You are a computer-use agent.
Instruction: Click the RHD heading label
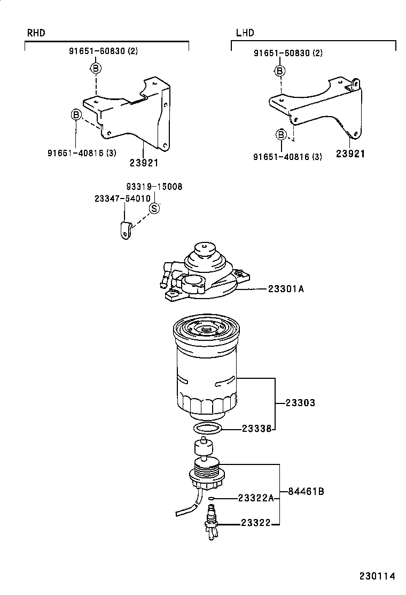(x=36, y=33)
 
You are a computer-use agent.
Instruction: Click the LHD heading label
(x=245, y=33)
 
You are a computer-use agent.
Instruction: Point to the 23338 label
(x=257, y=429)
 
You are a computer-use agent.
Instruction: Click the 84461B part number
(x=306, y=491)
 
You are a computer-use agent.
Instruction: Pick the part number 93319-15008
(x=154, y=187)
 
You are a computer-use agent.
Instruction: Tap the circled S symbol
(x=153, y=209)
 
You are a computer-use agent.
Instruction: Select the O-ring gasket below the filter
(x=207, y=428)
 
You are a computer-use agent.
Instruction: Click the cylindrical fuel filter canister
(x=206, y=369)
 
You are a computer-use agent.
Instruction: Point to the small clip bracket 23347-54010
(x=124, y=230)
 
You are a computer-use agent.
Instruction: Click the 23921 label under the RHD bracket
(x=144, y=163)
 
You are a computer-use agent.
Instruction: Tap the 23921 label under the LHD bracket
(x=350, y=154)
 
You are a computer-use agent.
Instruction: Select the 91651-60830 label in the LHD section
(x=287, y=53)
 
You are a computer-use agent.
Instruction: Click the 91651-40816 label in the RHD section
(x=82, y=153)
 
